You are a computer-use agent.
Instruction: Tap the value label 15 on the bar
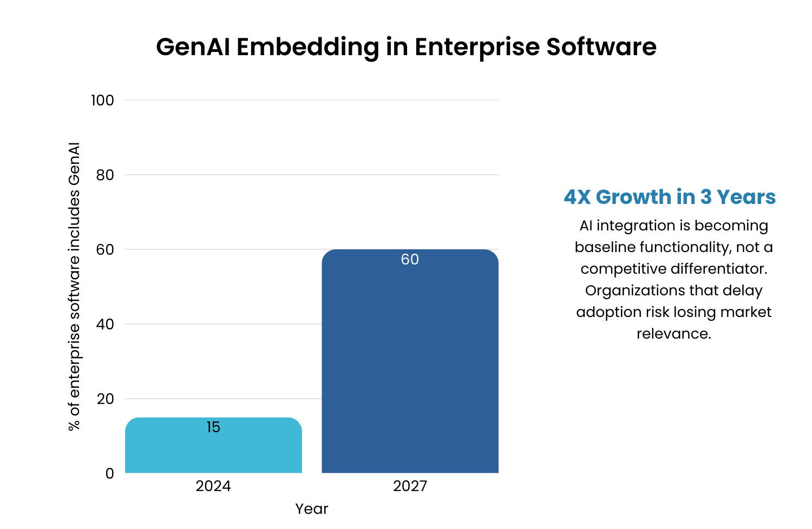click(x=213, y=427)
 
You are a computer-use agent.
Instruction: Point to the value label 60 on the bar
click(x=410, y=260)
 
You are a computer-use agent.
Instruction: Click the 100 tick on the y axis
click(x=102, y=101)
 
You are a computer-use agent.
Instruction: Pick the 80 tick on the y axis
click(x=105, y=175)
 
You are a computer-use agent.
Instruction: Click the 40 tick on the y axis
click(x=105, y=325)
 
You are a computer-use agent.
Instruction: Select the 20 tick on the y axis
click(x=105, y=399)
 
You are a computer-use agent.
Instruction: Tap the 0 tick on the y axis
click(x=110, y=474)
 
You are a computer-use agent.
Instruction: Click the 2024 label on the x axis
click(x=213, y=486)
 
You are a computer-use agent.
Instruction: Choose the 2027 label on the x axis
click(x=410, y=486)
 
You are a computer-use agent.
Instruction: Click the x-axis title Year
click(x=311, y=509)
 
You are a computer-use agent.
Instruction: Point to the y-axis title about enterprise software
click(x=74, y=287)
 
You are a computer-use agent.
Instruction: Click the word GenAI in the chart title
click(x=193, y=47)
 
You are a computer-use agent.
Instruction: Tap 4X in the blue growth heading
click(x=577, y=197)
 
